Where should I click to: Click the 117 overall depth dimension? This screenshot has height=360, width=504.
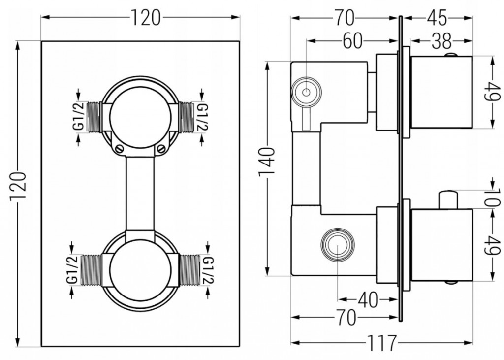pyautogui.click(x=382, y=342)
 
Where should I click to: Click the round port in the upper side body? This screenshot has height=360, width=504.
pyautogui.click(x=306, y=92)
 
